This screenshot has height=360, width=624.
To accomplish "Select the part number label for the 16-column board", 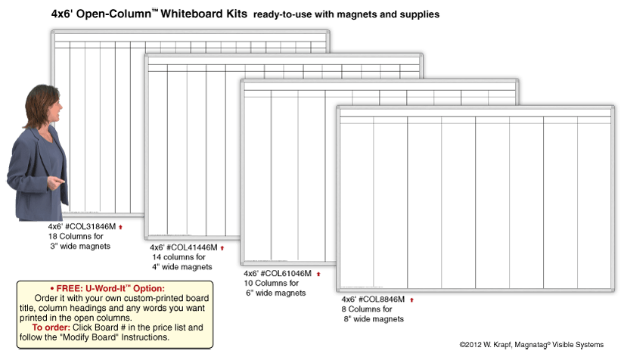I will click(x=82, y=226).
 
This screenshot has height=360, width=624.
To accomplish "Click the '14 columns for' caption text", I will click(x=179, y=257).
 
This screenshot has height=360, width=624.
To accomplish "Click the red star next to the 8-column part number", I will click(x=411, y=300).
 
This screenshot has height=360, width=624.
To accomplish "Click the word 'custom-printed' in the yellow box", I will click(x=151, y=299).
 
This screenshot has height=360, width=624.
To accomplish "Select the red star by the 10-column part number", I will click(x=318, y=274).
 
